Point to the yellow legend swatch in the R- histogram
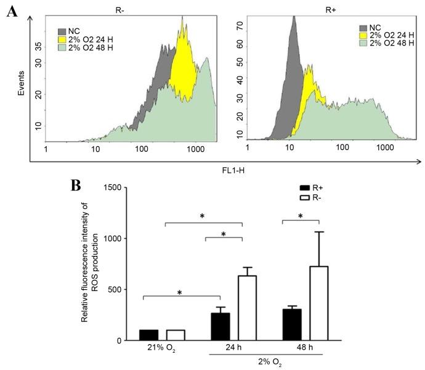[63, 38]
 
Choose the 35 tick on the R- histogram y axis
[38, 45]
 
